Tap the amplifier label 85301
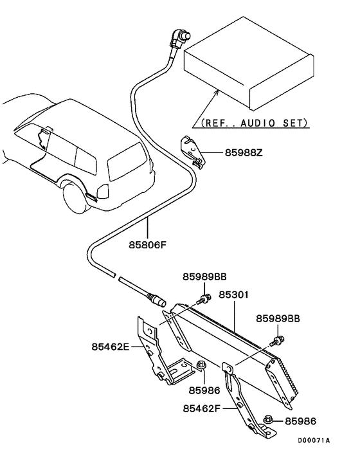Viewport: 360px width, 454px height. (233, 296)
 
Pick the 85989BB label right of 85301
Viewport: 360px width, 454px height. (278, 318)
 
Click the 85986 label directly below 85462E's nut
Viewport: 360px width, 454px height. (204, 390)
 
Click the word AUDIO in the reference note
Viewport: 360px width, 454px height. (264, 122)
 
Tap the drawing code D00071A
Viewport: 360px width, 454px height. (314, 440)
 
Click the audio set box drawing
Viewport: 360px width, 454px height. (248, 64)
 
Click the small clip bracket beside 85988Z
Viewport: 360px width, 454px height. (192, 152)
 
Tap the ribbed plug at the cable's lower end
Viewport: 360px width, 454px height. (157, 300)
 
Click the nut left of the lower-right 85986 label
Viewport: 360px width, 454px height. (270, 421)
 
